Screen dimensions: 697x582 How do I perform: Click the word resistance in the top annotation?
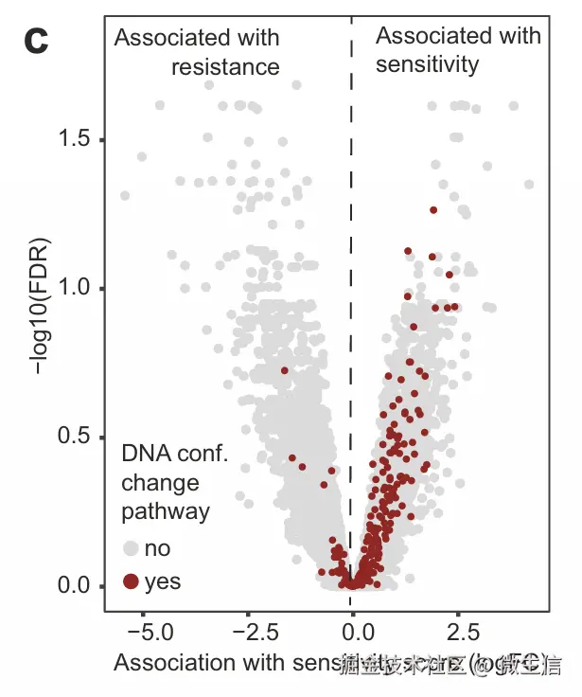[225, 66]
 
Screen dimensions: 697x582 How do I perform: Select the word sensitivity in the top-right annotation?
[427, 64]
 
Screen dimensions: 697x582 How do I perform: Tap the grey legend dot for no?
[131, 548]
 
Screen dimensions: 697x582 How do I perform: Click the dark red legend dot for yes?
[131, 581]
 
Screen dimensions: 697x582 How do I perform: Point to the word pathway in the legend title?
[166, 511]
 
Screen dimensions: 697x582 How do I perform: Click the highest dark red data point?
[433, 209]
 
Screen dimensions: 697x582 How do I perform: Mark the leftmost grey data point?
[124, 195]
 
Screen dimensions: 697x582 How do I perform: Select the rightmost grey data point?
[529, 184]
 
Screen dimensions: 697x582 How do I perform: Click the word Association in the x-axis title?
[167, 662]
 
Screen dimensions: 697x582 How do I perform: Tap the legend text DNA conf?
[175, 455]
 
